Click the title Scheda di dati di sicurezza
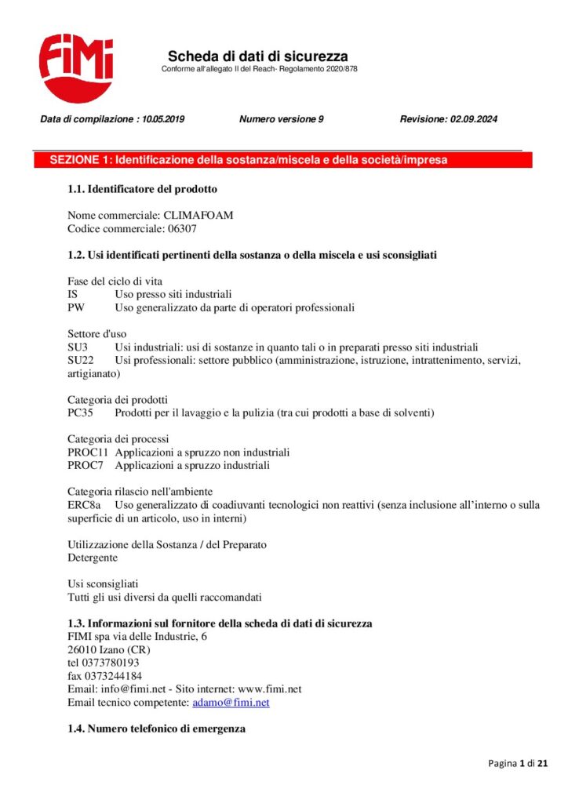click(x=257, y=56)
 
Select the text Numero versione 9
click(x=282, y=120)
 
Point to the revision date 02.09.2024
click(x=474, y=120)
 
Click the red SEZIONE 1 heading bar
click(x=282, y=160)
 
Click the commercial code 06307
click(x=182, y=229)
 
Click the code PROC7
click(x=86, y=466)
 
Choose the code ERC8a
click(x=83, y=505)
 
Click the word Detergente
click(x=93, y=558)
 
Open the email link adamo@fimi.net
click(x=231, y=703)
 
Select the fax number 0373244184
click(x=113, y=676)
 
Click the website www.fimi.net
click(x=270, y=689)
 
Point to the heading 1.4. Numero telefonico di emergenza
click(x=156, y=729)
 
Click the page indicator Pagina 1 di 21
click(x=518, y=763)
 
